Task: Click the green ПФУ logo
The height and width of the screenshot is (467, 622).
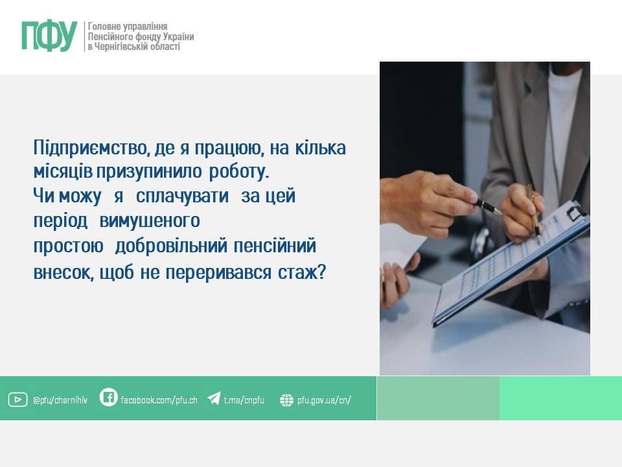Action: click(x=49, y=36)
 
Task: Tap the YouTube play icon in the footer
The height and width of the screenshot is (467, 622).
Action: click(x=18, y=400)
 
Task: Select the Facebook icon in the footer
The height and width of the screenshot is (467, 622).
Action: click(x=108, y=397)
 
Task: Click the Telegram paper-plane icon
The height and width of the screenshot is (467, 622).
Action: click(x=214, y=398)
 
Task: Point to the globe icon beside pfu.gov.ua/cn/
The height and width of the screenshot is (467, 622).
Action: click(x=286, y=400)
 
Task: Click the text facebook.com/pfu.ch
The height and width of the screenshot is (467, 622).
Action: click(x=159, y=400)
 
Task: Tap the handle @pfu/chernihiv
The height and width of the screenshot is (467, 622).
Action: click(x=60, y=400)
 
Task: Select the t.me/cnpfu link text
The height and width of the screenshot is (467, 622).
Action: click(x=244, y=400)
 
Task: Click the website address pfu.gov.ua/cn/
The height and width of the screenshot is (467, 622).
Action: click(x=324, y=400)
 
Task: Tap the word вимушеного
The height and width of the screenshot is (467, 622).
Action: click(x=150, y=221)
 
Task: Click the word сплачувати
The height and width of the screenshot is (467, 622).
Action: click(x=183, y=196)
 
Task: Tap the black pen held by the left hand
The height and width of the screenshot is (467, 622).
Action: click(x=487, y=206)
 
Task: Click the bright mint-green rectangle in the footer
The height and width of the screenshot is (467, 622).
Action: click(x=560, y=398)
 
